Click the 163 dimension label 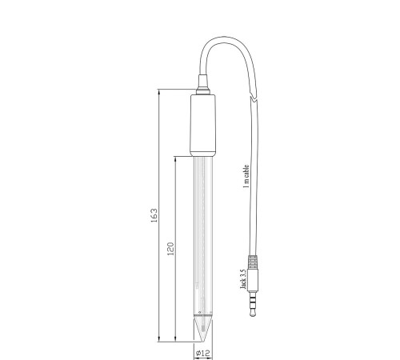[x=154, y=215]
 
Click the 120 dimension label [x=170, y=249]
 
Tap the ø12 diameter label [x=203, y=354]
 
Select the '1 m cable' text [x=246, y=177]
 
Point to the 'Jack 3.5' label [x=243, y=279]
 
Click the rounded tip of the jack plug [x=253, y=313]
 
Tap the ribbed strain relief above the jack [x=253, y=262]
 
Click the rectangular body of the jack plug [x=253, y=280]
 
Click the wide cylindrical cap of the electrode [x=202, y=126]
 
